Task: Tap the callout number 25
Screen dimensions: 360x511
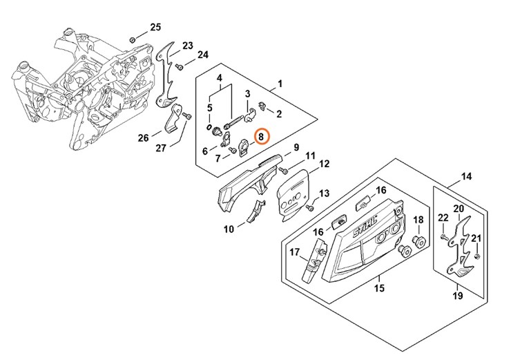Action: tap(155, 27)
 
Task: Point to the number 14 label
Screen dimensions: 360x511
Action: tap(467, 177)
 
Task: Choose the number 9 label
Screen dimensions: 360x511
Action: tap(296, 147)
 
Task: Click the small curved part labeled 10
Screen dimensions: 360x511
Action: tap(256, 211)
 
